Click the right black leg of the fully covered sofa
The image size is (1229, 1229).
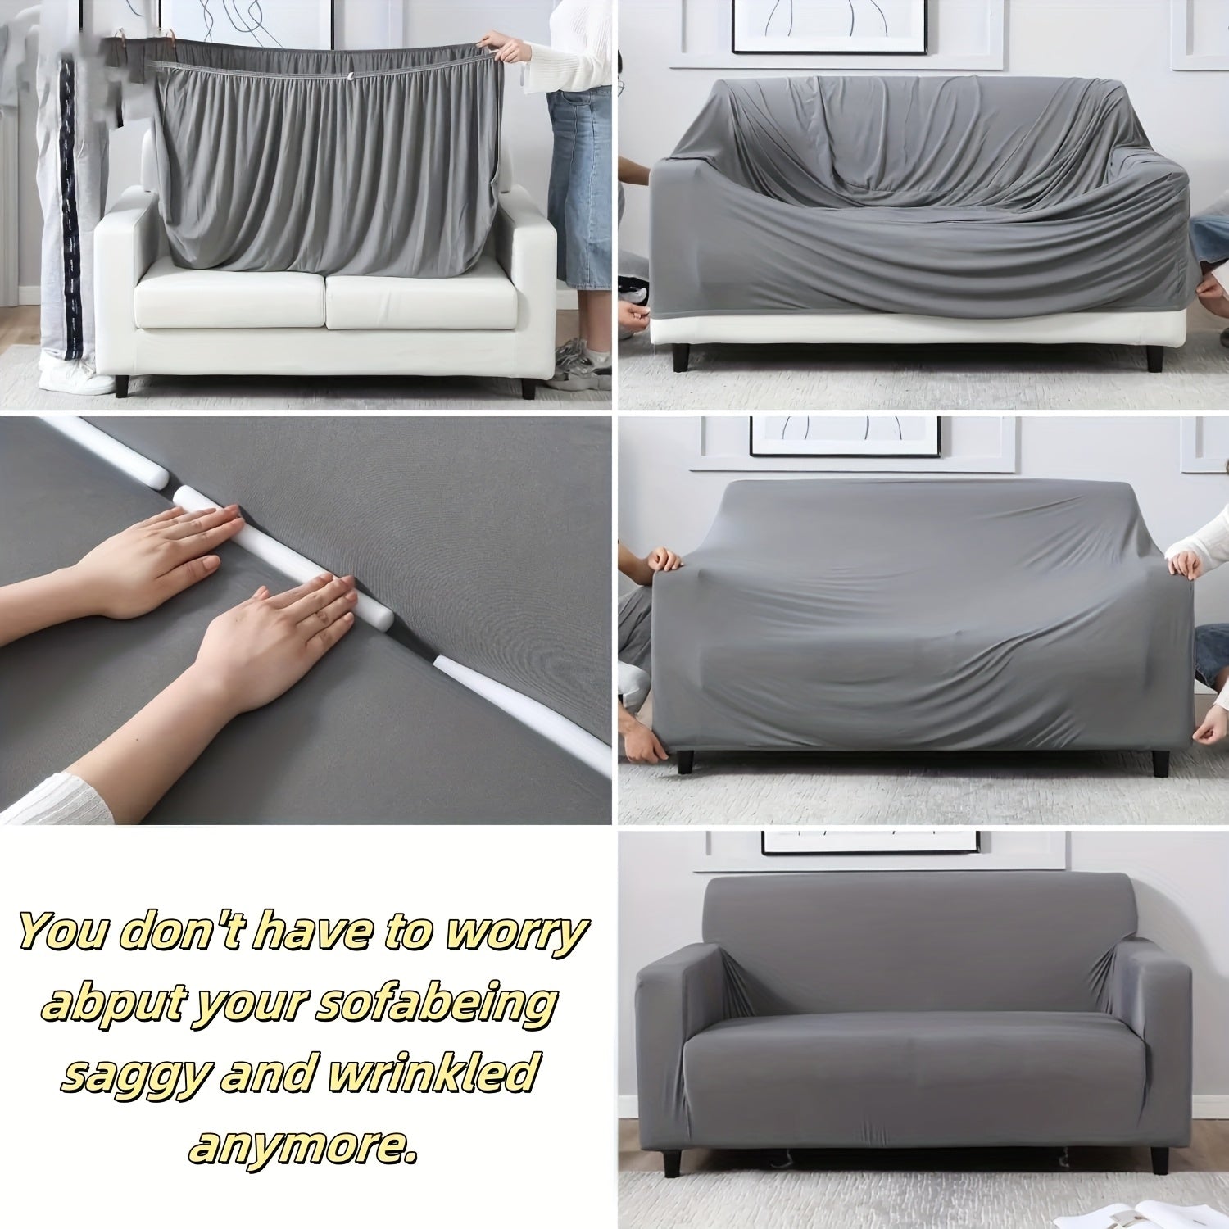(1158, 1159)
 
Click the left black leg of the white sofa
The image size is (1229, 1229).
(122, 384)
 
